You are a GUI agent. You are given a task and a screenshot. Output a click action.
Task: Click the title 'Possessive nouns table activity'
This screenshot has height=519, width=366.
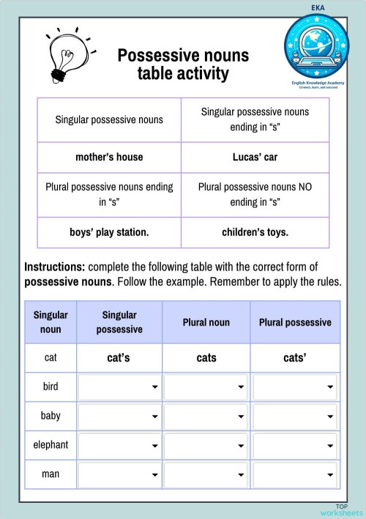183,65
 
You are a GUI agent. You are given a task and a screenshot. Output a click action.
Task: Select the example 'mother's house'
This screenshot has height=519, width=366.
109,157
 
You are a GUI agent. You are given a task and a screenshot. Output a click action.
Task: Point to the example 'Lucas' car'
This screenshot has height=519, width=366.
255,157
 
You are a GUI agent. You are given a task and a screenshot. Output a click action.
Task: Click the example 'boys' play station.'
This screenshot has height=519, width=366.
109,232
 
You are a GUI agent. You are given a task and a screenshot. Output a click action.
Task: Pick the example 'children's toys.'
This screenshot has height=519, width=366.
255,232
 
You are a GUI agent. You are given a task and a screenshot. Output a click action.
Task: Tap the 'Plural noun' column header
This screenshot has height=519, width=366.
206,323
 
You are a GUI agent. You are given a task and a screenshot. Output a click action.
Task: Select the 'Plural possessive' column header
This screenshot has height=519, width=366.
295,323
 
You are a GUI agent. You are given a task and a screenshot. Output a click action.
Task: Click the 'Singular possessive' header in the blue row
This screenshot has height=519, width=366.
119,323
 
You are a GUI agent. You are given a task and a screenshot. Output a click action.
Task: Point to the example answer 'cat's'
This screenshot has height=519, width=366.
119,358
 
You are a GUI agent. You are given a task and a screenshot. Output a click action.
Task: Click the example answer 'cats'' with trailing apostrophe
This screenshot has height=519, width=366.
295,358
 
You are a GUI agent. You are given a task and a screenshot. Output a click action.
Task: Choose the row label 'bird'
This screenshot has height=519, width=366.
51,387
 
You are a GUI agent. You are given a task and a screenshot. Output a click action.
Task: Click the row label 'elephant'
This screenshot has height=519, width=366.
51,445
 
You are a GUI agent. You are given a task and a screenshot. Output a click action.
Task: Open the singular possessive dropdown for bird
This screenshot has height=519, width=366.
119,387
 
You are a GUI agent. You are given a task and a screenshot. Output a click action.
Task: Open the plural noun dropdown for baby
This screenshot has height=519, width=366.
206,416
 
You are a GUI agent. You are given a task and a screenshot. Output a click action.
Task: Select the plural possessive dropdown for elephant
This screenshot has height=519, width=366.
295,445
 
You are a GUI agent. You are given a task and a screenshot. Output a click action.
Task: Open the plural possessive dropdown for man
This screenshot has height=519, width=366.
295,474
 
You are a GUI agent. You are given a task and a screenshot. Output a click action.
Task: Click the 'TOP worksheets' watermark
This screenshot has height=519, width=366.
341,510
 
